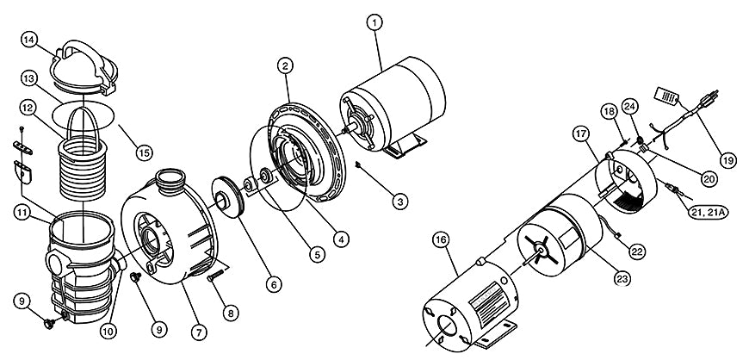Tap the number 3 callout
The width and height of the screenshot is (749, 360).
[399, 201]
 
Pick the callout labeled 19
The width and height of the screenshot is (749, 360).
[727, 160]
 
